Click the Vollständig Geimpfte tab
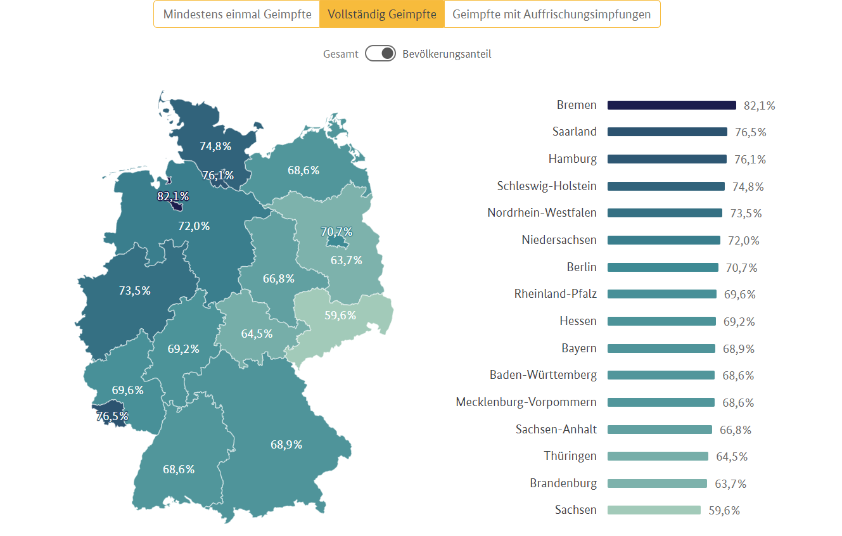click(381, 14)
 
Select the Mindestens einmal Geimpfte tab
click(237, 14)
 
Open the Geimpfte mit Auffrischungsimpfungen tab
click(551, 14)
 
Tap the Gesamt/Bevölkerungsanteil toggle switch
click(380, 54)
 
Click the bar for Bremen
click(672, 105)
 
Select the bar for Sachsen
click(654, 510)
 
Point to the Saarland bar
click(667, 132)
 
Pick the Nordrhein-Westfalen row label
click(542, 213)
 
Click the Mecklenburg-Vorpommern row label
click(526, 402)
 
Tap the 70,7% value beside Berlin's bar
click(741, 268)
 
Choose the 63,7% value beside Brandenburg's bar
click(730, 484)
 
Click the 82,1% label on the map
click(173, 196)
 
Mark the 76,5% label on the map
click(112, 416)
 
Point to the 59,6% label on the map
click(340, 315)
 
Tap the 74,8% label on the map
click(215, 146)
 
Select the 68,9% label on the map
click(286, 445)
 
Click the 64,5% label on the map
click(257, 334)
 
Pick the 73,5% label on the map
click(135, 291)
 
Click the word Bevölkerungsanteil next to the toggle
click(447, 54)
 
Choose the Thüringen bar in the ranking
click(658, 456)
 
